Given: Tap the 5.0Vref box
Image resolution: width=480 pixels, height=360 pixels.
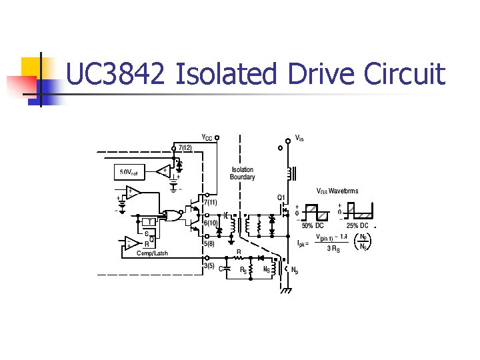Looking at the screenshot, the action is (129, 173).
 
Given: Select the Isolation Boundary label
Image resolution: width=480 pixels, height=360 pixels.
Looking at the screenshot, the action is (243, 173).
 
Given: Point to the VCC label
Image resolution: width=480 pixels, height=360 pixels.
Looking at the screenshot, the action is (207, 138).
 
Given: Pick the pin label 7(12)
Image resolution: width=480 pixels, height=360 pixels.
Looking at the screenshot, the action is (185, 147).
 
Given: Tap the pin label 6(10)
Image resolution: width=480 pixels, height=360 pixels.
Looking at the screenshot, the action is (211, 223).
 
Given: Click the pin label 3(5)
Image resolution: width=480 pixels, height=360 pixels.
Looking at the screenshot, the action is (209, 265).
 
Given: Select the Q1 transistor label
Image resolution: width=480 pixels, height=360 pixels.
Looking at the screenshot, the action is (282, 197).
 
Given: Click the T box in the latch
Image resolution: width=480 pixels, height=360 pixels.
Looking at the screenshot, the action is (149, 221).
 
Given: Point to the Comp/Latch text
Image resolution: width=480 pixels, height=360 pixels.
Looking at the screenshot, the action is (153, 253).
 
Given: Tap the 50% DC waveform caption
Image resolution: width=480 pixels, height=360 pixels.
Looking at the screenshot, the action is (313, 225).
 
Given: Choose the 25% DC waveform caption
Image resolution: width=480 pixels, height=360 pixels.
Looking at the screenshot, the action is (357, 225).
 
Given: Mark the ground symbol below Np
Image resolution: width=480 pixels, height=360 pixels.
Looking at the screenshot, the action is (287, 291).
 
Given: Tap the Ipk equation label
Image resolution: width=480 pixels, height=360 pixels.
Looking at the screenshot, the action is (302, 243).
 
